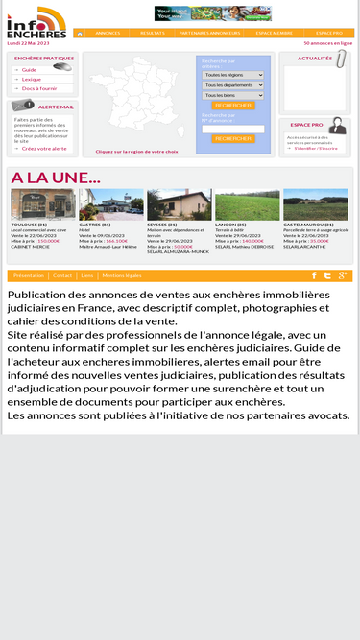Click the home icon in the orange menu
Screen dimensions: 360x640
(80, 33)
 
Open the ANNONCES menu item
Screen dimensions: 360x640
(108, 33)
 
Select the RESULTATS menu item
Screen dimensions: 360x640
(152, 33)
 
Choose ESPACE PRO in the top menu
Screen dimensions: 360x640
(329, 33)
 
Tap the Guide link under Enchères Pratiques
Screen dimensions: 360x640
(30, 70)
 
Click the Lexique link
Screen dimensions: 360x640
(32, 79)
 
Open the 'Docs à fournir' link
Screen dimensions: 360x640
(39, 88)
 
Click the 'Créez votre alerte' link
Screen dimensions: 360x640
(44, 149)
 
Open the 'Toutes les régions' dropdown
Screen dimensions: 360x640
(232, 74)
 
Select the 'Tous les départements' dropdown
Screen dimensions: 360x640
(232, 84)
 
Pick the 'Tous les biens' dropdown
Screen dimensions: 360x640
(232, 95)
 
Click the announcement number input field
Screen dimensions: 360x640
(233, 129)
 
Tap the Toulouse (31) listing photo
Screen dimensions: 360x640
(43, 203)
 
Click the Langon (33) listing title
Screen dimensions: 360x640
(234, 225)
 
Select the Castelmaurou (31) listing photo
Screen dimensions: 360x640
(316, 203)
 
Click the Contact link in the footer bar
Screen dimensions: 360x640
(62, 275)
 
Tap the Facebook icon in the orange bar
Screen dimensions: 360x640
(314, 275)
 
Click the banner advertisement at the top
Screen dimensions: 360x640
(212, 12)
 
